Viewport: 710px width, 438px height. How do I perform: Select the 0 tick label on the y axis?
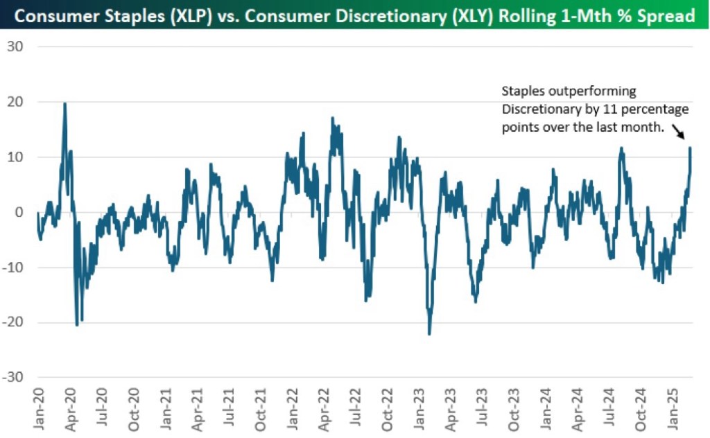tap(18, 212)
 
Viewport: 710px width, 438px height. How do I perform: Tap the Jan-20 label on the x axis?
tap(38, 410)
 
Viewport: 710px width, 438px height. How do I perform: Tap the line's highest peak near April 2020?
tap(64, 103)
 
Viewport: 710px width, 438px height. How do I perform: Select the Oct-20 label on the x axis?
tap(134, 410)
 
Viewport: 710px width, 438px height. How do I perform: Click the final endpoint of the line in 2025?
tap(690, 148)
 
